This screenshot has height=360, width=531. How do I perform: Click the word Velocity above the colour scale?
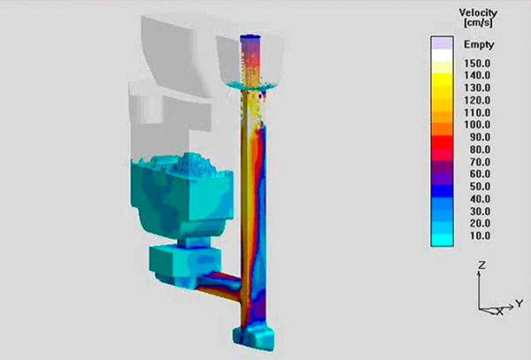(x=478, y=13)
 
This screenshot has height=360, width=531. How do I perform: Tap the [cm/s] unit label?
(x=478, y=23)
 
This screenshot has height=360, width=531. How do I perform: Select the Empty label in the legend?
(x=479, y=44)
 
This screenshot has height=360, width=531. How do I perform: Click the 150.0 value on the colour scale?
(x=477, y=64)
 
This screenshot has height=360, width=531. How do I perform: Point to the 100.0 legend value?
(x=477, y=125)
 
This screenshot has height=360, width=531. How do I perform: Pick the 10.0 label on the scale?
(x=480, y=235)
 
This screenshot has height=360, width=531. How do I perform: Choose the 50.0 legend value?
(x=480, y=187)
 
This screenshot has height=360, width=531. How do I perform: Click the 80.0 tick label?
(x=480, y=149)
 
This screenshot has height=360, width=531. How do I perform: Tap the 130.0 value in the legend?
(x=477, y=88)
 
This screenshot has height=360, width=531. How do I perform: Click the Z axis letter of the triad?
(x=481, y=265)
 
